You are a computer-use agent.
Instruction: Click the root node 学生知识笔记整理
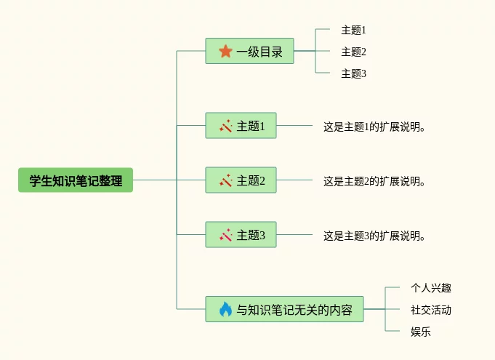tap(76, 180)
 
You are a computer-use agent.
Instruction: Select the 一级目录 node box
tap(249, 51)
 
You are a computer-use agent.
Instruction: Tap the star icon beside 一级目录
tap(225, 51)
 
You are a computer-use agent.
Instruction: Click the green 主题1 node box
tap(241, 126)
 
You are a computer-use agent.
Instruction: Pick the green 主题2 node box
tap(241, 180)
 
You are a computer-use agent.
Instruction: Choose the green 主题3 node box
tap(241, 235)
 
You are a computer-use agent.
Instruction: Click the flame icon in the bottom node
tap(225, 310)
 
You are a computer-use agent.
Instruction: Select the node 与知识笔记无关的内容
tap(284, 310)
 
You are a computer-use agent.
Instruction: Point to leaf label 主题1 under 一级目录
tap(354, 30)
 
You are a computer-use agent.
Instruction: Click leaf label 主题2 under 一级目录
tap(354, 52)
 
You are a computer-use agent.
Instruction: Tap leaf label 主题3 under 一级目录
tap(354, 73)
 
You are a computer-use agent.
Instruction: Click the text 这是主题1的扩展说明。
tap(374, 127)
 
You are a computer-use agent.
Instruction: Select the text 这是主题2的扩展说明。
tap(374, 181)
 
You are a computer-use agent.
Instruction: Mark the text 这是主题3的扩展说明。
tap(374, 236)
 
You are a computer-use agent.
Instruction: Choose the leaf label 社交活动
tap(431, 310)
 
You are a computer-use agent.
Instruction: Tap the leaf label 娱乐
tap(421, 332)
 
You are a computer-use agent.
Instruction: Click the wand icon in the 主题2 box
tap(225, 180)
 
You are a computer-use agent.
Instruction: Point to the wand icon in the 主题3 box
tap(225, 235)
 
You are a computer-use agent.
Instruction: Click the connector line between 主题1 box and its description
tap(294, 126)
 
